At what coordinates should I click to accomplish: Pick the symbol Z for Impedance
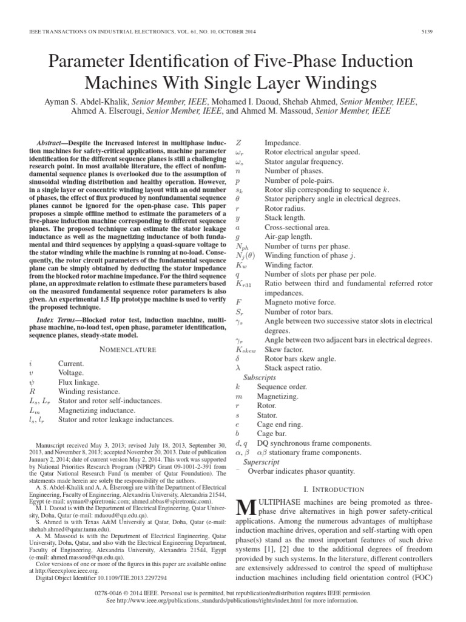coord(238,142)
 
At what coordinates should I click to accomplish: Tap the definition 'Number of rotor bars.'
coord(297,312)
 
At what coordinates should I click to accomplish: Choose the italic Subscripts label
coord(260,377)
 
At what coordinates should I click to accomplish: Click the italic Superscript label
coord(262,462)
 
